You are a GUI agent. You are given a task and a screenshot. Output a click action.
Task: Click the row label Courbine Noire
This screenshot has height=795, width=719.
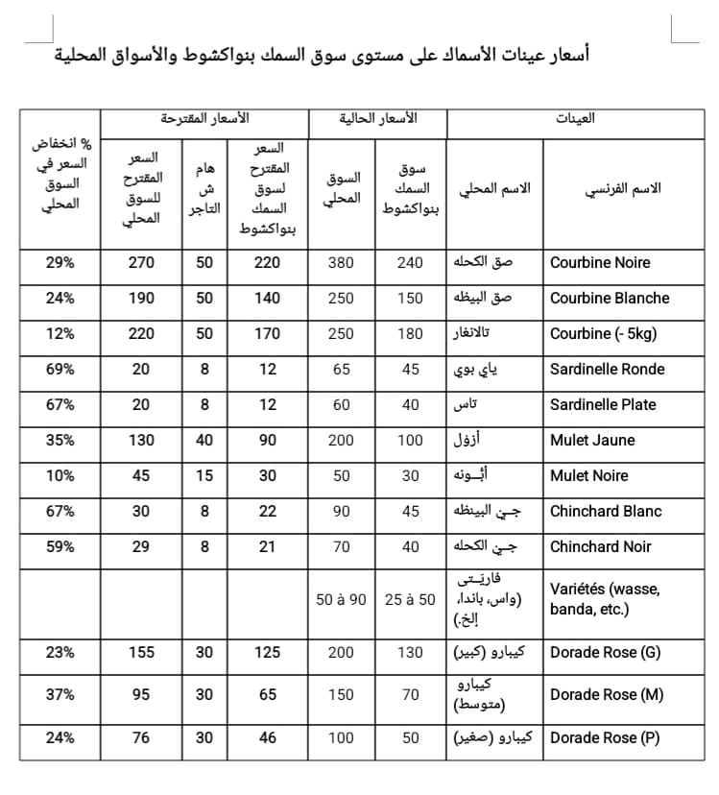pyautogui.click(x=600, y=263)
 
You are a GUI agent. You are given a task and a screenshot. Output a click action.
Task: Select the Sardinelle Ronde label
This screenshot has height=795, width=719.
pyautogui.click(x=607, y=370)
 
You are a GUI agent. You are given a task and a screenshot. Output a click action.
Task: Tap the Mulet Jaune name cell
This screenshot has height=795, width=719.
pyautogui.click(x=592, y=441)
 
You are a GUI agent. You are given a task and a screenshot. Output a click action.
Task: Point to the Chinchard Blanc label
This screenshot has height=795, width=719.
pyautogui.click(x=606, y=512)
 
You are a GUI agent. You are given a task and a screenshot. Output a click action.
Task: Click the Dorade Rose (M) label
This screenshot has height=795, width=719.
pyautogui.click(x=607, y=695)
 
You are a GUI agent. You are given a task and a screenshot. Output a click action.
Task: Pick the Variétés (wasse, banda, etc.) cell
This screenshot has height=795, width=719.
pyautogui.click(x=605, y=599)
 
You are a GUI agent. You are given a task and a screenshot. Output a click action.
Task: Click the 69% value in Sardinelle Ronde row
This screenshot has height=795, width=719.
pyautogui.click(x=60, y=370)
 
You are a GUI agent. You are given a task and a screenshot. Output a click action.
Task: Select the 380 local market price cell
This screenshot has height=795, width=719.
pyautogui.click(x=342, y=263)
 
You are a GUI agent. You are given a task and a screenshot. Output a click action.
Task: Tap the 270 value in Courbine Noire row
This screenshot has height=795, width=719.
pyautogui.click(x=141, y=263)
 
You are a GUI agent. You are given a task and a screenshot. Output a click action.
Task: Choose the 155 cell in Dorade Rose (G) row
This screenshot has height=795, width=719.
pyautogui.click(x=141, y=653)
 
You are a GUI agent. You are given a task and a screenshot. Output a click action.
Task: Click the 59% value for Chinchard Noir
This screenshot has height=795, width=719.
pyautogui.click(x=60, y=547)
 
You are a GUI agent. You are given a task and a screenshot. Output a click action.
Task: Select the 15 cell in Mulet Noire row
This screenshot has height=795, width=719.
pyautogui.click(x=204, y=476)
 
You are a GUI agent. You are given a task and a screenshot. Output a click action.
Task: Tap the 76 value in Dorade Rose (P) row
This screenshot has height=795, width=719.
pyautogui.click(x=141, y=738)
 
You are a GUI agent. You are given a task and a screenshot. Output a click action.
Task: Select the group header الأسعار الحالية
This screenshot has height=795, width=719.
pyautogui.click(x=378, y=119)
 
